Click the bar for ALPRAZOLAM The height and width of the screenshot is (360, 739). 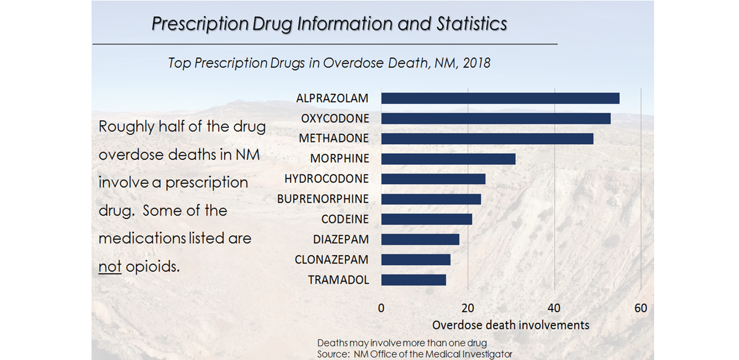coord(500,98)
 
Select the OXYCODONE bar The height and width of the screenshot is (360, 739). coord(495,118)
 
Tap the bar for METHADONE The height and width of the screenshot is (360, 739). coord(487,139)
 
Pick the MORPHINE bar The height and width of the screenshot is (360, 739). coord(448,159)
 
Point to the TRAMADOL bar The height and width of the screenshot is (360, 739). coord(413,280)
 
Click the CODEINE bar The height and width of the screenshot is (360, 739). coord(427,219)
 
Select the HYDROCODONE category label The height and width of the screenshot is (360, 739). coord(326,179)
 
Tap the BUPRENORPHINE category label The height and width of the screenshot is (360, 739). coord(323,199)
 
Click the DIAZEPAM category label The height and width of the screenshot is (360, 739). coord(340,239)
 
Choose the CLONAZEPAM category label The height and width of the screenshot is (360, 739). coord(332,260)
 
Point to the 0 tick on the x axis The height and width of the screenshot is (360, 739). coord(381,308)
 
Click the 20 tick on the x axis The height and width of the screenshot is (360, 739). coord(468,308)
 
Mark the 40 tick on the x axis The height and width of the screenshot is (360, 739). coord(554,308)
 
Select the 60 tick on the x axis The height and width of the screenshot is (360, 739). coord(641,308)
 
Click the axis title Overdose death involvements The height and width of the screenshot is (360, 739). coord(510,325)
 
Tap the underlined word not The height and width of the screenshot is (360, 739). coord(110,267)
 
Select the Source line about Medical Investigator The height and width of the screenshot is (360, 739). coord(414,353)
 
